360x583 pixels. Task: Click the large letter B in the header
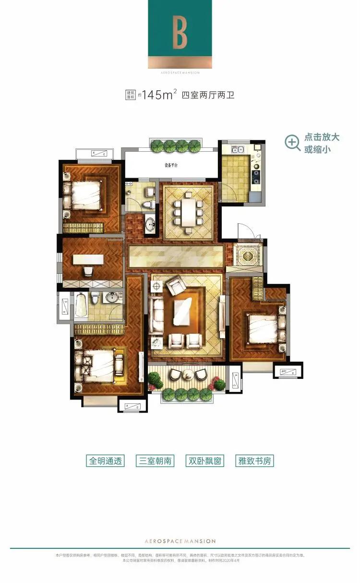pyautogui.click(x=180, y=34)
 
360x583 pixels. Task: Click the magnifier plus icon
pyautogui.click(x=292, y=142)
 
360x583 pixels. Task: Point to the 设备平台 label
pyautogui.click(x=171, y=165)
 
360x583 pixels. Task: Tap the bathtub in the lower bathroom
pyautogui.click(x=81, y=304)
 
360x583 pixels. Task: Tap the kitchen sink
pyautogui.click(x=238, y=149)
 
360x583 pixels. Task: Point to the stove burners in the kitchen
pyautogui.click(x=256, y=173)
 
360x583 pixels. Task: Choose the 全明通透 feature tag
pyautogui.click(x=106, y=461)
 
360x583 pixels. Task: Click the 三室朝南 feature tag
pyautogui.click(x=155, y=461)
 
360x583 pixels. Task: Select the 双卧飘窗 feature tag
pyautogui.click(x=205, y=461)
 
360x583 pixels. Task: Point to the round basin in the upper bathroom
pyautogui.click(x=150, y=224)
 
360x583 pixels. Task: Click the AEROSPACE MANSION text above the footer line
pyautogui.click(x=180, y=541)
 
